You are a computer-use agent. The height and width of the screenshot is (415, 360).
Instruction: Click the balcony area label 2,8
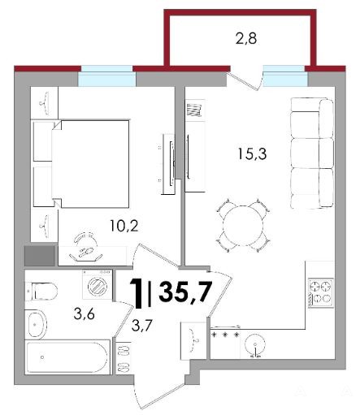pos(246,39)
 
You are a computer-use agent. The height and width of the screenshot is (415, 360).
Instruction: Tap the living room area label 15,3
pos(252,153)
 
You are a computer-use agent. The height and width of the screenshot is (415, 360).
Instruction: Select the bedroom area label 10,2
pos(124,226)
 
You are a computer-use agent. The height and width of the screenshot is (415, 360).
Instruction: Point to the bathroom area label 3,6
pos(84,314)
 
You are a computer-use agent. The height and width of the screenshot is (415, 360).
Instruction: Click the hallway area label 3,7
pos(142,326)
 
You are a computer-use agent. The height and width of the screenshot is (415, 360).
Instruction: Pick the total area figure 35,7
pos(185,292)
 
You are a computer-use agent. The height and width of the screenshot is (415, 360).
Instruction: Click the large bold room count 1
pos(137,294)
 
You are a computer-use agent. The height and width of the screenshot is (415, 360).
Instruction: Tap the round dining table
pos(243,225)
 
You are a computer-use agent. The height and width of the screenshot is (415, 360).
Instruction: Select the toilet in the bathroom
pos(41,292)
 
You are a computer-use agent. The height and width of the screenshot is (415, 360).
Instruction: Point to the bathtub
pos(67,357)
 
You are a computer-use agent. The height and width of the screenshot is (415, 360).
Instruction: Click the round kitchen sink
pos(255,344)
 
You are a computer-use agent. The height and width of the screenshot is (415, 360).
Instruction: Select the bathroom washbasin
pos(37,324)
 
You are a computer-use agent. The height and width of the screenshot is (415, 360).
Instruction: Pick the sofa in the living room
pos(311,153)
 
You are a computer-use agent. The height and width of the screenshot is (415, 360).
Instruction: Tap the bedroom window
pos(106,76)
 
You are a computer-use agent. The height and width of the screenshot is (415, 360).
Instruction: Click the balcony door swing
pos(245,80)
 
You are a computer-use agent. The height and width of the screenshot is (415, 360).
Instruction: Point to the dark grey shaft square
pos(40,256)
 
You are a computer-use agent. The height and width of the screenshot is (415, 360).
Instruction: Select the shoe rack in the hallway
pos(124,358)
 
